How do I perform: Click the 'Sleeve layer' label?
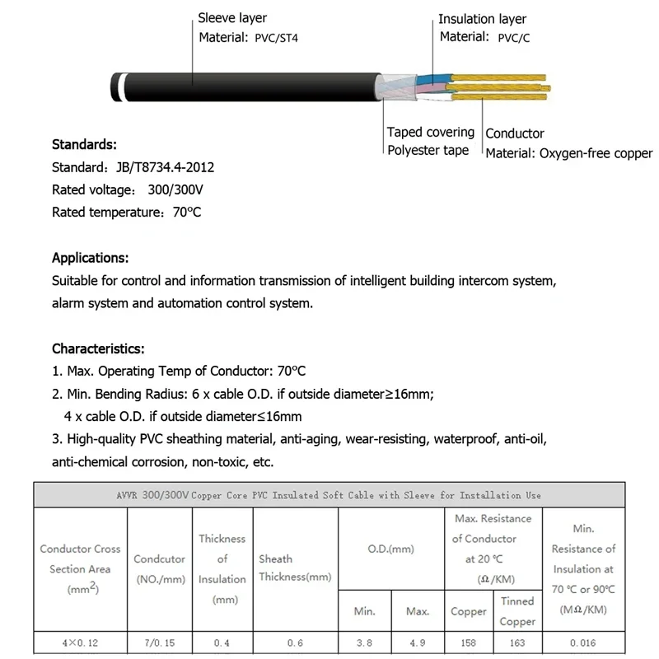click(x=232, y=17)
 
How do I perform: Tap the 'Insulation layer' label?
click(x=482, y=19)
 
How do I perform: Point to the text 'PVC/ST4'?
click(x=276, y=37)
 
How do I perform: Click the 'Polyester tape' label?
click(x=428, y=150)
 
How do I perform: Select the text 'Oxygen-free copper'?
click(x=596, y=153)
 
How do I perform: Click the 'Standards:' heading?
click(x=84, y=145)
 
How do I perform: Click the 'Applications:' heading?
click(x=90, y=257)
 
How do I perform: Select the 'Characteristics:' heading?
click(x=98, y=348)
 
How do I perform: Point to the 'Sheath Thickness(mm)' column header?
click(x=295, y=568)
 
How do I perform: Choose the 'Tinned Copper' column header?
click(x=517, y=611)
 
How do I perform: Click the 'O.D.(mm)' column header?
click(x=390, y=549)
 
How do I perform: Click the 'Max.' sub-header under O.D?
click(x=418, y=611)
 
